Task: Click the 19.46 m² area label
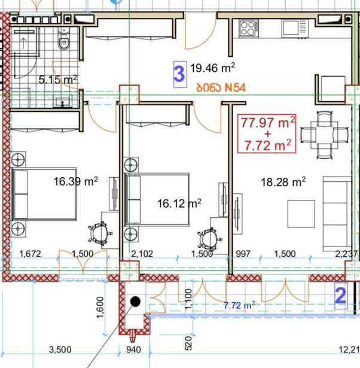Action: click(x=212, y=68)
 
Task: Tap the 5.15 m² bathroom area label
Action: click(x=57, y=80)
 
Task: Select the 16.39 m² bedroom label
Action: click(x=75, y=181)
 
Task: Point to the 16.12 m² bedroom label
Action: click(x=179, y=203)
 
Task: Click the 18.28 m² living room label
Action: click(x=283, y=182)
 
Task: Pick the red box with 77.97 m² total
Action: click(x=267, y=134)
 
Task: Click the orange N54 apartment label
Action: click(x=221, y=88)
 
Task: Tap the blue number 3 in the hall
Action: click(x=179, y=74)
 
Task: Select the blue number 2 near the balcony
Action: click(x=340, y=296)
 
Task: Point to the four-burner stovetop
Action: click(x=249, y=28)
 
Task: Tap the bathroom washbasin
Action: click(x=62, y=101)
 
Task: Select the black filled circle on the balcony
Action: click(x=135, y=302)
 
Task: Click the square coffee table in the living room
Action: click(x=301, y=214)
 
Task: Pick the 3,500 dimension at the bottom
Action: click(x=60, y=349)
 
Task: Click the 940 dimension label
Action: click(x=133, y=349)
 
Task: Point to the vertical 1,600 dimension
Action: click(x=100, y=308)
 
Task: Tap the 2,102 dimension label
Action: click(x=142, y=254)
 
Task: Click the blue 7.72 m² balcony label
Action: click(x=239, y=305)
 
